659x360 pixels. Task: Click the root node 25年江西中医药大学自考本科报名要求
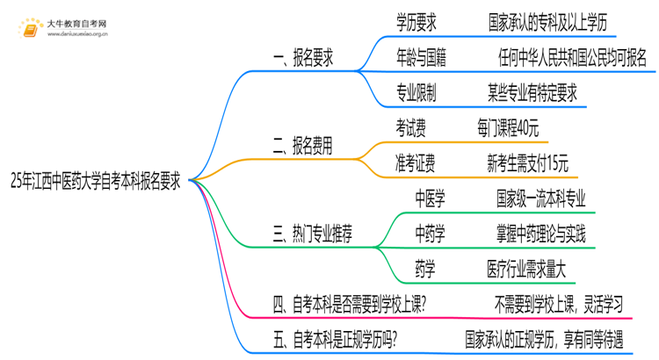pos(96,181)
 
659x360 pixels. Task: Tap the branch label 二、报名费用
pos(302,147)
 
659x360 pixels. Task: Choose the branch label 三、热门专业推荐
pos(315,233)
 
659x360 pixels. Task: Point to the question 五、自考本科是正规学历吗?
pos(334,338)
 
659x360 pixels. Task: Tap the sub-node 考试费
pos(411,128)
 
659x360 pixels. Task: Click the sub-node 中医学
pos(430,198)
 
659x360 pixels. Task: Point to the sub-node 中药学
pos(430,233)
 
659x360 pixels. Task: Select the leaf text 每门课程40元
pos(509,128)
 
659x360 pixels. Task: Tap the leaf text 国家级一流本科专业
pos(540,198)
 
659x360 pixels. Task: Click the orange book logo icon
pos(32,27)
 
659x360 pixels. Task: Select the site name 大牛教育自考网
pos(77,22)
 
